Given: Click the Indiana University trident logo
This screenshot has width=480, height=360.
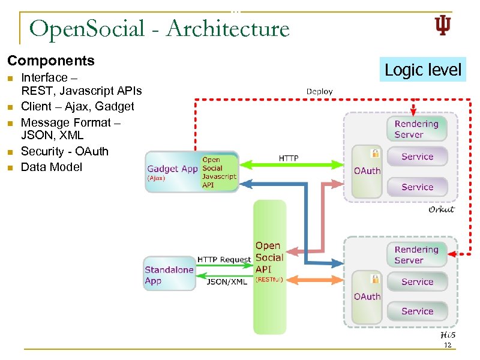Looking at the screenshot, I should tap(442, 26).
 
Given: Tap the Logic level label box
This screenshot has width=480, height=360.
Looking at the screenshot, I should tap(423, 70).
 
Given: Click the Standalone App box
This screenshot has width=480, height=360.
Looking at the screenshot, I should tap(169, 275).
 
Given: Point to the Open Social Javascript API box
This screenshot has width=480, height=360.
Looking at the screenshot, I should tap(219, 173).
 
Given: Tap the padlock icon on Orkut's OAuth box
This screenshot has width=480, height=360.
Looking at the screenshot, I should tap(375, 152).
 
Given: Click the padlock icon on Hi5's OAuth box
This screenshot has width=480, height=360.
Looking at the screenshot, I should tap(375, 278).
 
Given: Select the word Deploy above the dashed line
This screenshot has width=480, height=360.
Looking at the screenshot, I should tap(319, 91).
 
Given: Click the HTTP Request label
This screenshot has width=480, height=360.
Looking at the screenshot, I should tap(224, 259).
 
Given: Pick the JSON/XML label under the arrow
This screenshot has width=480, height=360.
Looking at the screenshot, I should tap(226, 281).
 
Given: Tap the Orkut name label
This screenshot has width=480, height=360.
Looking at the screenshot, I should tap(441, 209).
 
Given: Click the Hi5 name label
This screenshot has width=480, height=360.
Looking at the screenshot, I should tap(447, 334).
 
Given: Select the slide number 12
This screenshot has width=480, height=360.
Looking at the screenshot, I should tap(447, 346).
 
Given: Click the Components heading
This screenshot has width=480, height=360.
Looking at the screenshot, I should tap(51, 61).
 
